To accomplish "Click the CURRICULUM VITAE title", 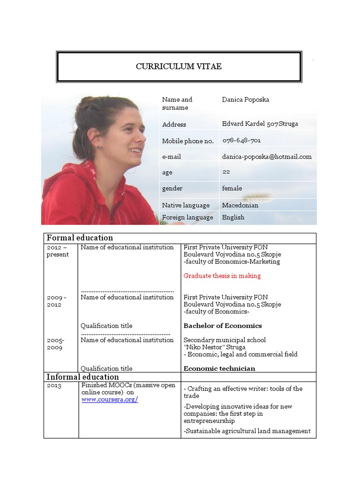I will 179,67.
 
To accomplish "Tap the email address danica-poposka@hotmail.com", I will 266,157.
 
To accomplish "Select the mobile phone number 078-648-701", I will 241,140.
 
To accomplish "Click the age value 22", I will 226,172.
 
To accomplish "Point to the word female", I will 232,188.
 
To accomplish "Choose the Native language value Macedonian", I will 240,205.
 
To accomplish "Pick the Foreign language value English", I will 233,217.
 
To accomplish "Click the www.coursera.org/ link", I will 110,399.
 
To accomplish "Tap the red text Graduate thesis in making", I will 222,276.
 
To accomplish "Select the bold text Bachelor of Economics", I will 223,325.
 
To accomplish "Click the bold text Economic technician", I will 219,368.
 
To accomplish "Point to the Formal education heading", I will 79,238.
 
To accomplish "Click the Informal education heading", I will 82,377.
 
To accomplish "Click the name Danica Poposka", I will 246,99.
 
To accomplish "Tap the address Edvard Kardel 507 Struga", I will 260,124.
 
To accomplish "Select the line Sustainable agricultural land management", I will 247,431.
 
